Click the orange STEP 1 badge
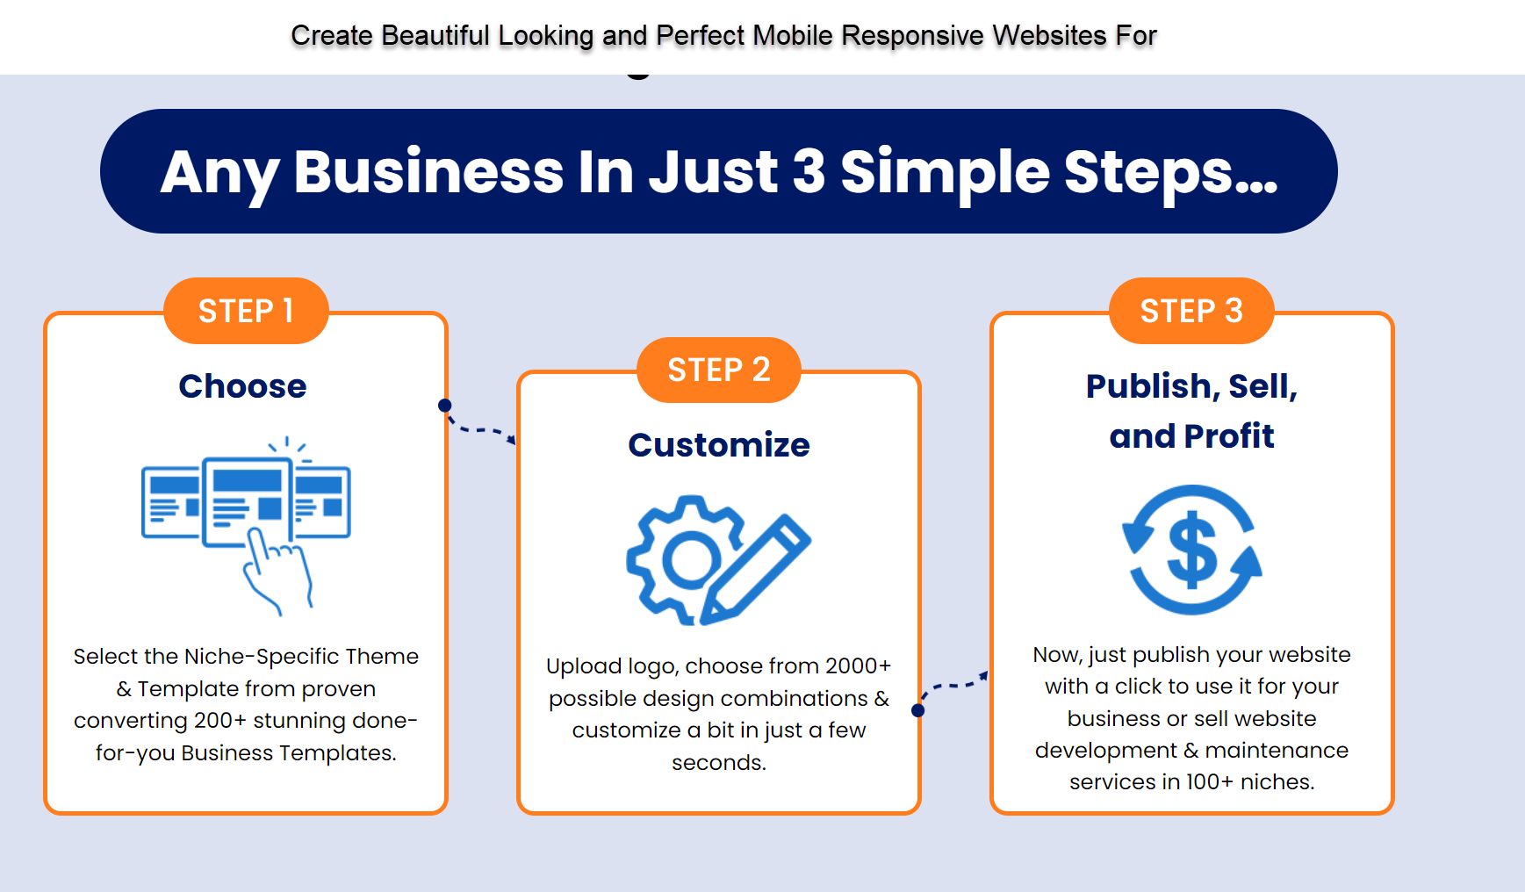(x=246, y=311)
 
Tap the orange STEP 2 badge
(x=718, y=370)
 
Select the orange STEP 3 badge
(x=1191, y=311)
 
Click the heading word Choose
(x=242, y=386)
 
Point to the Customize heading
(x=718, y=445)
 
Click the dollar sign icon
(x=1192, y=550)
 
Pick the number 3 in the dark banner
(x=808, y=171)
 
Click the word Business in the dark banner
(x=428, y=171)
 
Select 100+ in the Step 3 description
(x=1210, y=782)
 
